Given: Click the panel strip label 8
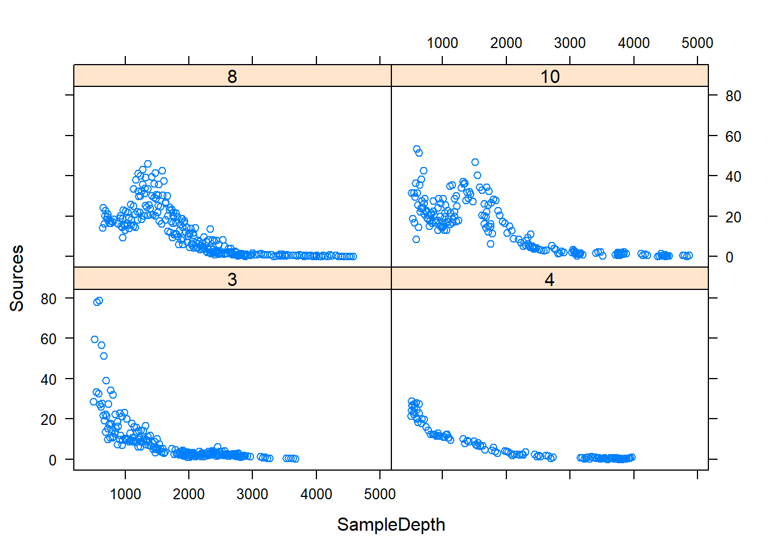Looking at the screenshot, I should tap(232, 76).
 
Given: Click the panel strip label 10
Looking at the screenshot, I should tap(550, 76).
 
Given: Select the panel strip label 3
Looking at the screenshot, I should tap(232, 279).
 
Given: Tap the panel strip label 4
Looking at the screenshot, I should tap(549, 279).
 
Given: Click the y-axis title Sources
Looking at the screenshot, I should tap(17, 278).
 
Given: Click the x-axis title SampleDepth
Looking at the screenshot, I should tap(391, 524).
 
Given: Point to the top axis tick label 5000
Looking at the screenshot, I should tap(697, 43).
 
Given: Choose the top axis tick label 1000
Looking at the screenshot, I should tap(442, 43).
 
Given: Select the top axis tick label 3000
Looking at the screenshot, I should tap(569, 43).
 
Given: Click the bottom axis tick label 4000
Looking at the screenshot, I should tap(316, 494).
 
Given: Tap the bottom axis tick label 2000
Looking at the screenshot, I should tap(188, 494).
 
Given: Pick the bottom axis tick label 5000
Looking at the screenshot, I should tap(379, 494).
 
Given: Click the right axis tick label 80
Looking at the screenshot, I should tap(733, 96).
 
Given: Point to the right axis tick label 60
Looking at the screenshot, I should tap(733, 137).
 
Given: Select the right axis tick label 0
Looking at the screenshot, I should tap(730, 257).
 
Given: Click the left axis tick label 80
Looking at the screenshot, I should tap(49, 299).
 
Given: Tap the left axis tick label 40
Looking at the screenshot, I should tap(49, 379).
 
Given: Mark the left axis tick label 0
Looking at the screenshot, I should tap(53, 460).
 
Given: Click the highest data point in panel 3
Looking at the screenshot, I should tap(99, 300).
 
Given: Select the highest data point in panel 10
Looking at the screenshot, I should tap(417, 149).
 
